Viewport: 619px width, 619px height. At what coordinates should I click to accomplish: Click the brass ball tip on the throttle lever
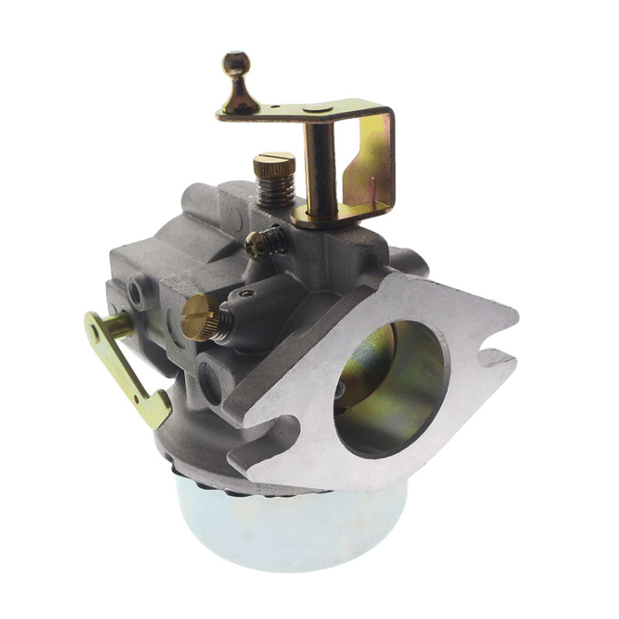click(x=236, y=63)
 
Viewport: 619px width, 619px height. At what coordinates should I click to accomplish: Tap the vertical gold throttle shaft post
click(x=319, y=166)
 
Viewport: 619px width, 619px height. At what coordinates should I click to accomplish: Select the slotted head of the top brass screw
click(x=275, y=163)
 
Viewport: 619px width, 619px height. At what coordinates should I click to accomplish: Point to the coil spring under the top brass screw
click(x=275, y=189)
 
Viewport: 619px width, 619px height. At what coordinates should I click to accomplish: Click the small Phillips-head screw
click(x=255, y=245)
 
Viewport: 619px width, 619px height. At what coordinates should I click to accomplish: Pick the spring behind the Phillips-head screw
click(x=276, y=241)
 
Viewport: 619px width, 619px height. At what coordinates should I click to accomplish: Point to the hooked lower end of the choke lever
click(x=158, y=411)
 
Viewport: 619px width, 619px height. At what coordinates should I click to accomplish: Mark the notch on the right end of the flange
click(x=495, y=357)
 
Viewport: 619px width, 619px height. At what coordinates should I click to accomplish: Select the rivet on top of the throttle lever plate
click(x=318, y=109)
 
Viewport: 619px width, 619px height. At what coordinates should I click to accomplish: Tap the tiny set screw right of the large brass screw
click(x=245, y=293)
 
